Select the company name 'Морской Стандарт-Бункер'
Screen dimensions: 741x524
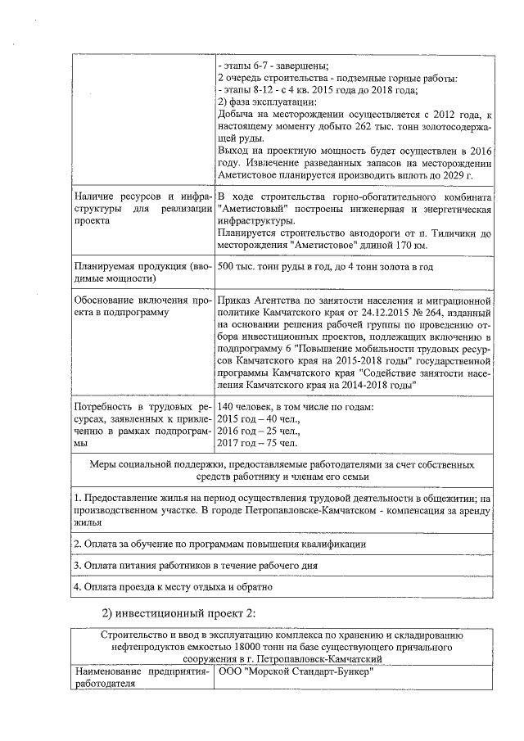point(298,673)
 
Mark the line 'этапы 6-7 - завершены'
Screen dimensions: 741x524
point(273,66)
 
